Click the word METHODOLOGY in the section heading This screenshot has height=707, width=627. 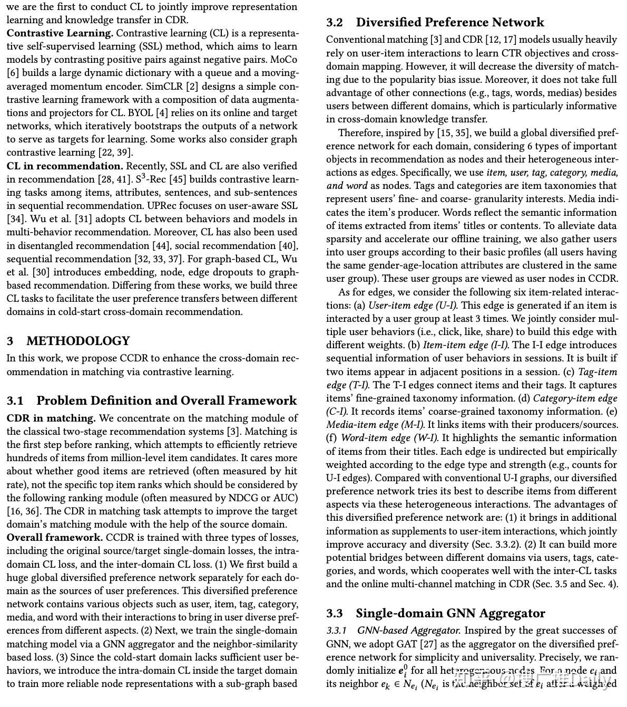click(78, 341)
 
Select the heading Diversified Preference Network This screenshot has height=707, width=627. click(449, 23)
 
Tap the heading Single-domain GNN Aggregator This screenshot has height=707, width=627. click(450, 613)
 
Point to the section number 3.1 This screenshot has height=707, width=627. click(15, 401)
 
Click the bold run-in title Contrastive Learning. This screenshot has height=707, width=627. click(60, 33)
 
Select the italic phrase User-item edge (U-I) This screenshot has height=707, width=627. click(413, 305)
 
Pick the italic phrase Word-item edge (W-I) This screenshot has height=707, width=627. click(389, 438)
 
